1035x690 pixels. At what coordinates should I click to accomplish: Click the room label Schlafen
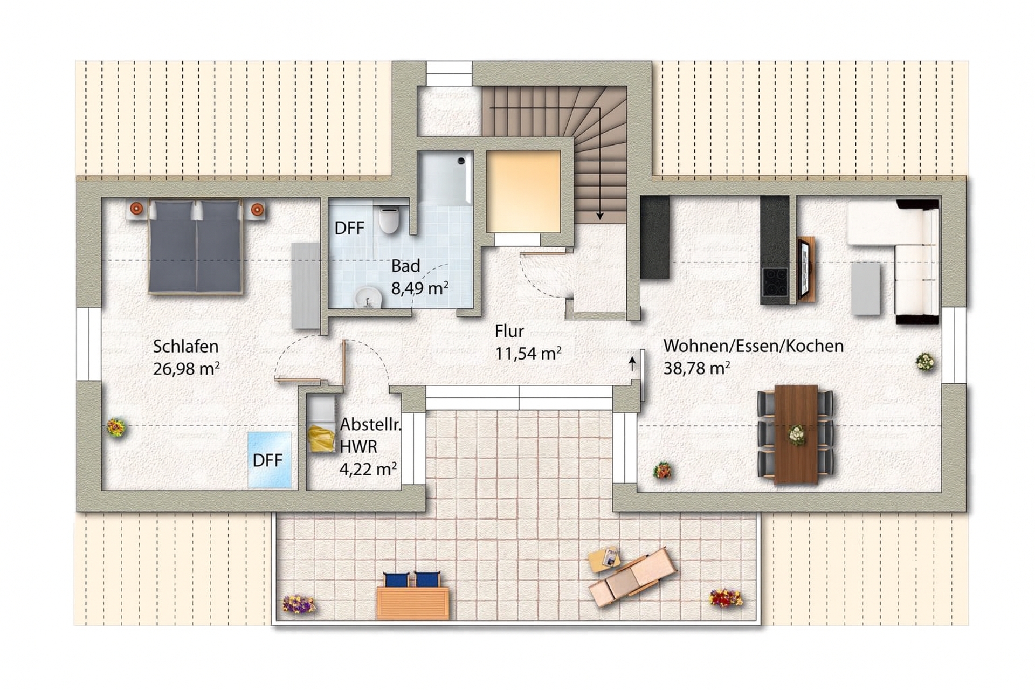click(x=185, y=346)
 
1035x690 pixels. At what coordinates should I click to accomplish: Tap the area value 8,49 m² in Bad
click(x=420, y=288)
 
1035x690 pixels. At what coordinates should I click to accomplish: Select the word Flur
click(x=509, y=331)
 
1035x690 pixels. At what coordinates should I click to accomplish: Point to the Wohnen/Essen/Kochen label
click(x=753, y=346)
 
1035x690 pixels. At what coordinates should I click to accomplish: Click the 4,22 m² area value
click(x=368, y=469)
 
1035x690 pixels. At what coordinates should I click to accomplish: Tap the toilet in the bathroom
click(x=389, y=219)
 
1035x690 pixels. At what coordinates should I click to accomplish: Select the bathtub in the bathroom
click(x=446, y=178)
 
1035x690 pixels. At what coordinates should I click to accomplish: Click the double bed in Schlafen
click(x=195, y=246)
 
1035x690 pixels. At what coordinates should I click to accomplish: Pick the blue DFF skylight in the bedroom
click(x=270, y=460)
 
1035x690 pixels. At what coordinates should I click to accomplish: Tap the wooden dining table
click(x=796, y=434)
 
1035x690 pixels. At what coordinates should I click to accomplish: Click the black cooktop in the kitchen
click(x=775, y=281)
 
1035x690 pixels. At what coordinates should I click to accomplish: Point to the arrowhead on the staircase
click(x=599, y=216)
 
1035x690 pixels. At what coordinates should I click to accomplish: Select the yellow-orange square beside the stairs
click(x=523, y=191)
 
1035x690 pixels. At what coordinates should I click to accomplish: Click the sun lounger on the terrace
click(x=632, y=577)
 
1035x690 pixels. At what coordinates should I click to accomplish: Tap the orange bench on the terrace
click(x=413, y=603)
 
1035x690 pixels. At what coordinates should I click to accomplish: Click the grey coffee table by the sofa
click(x=866, y=288)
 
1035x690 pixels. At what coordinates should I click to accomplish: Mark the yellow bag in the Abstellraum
click(x=321, y=438)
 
